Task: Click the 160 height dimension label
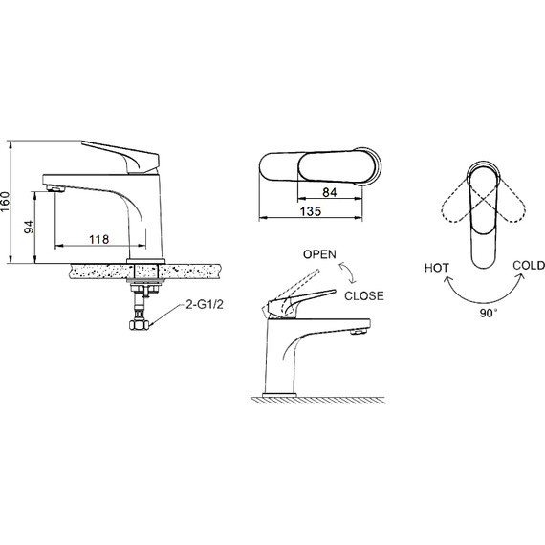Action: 5,202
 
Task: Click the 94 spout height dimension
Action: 30,227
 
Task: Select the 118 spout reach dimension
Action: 99,239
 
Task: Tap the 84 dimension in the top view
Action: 330,192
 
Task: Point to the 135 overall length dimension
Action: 311,211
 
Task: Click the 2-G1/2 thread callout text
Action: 205,305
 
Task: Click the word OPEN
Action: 319,254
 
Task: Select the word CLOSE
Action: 364,296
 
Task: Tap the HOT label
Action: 437,268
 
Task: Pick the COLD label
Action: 529,266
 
